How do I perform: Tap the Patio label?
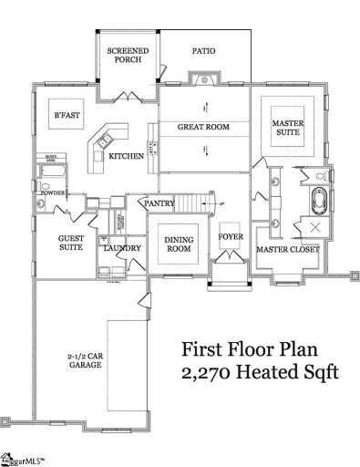204,52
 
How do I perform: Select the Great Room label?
203,127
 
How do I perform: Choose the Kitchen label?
126,157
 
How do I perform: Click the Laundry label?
120,247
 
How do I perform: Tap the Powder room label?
49,193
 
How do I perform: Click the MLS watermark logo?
20,459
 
